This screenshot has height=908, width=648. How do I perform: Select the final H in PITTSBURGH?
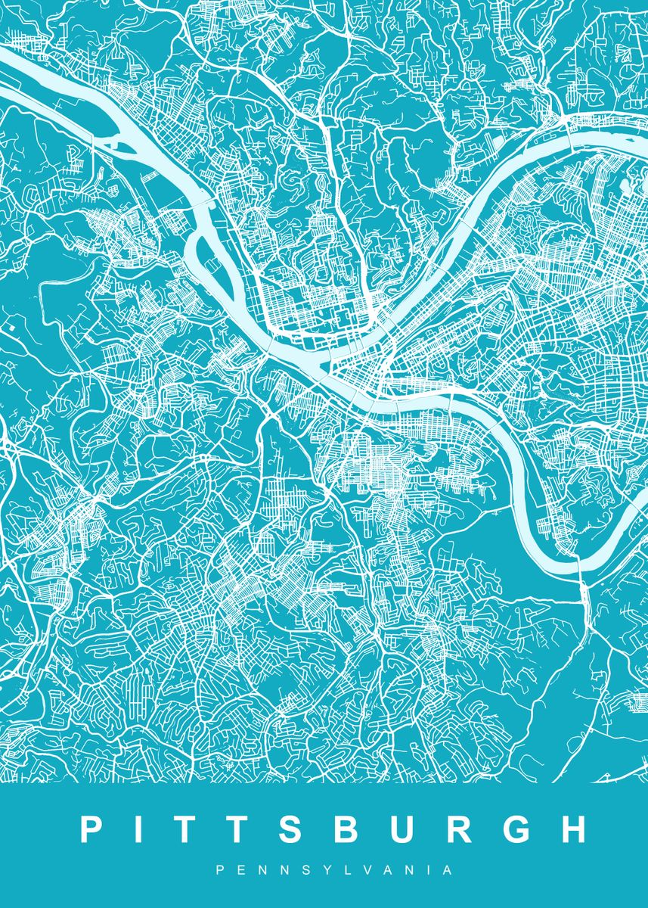[x=572, y=829]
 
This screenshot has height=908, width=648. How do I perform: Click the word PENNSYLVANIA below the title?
[x=333, y=871]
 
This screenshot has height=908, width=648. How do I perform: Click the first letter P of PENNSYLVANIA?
[x=219, y=871]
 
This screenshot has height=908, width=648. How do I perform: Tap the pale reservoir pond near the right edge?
[x=627, y=184]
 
